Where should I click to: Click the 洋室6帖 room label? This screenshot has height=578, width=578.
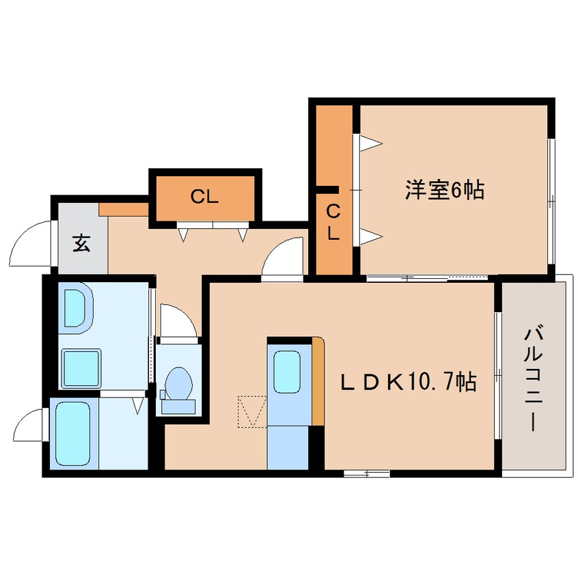(444, 191)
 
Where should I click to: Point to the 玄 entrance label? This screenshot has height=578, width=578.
(81, 243)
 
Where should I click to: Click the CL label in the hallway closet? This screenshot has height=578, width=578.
(204, 198)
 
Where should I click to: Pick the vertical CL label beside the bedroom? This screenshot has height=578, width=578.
(333, 223)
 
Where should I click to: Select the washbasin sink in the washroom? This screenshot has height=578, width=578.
(74, 308)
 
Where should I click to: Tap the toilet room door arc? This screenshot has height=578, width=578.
(176, 322)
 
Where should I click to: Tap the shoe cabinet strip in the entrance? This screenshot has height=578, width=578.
(124, 209)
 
